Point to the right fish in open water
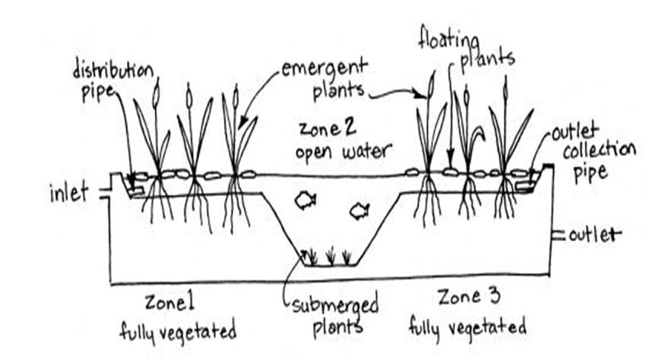coord(359,210)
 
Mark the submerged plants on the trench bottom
coord(328,257)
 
